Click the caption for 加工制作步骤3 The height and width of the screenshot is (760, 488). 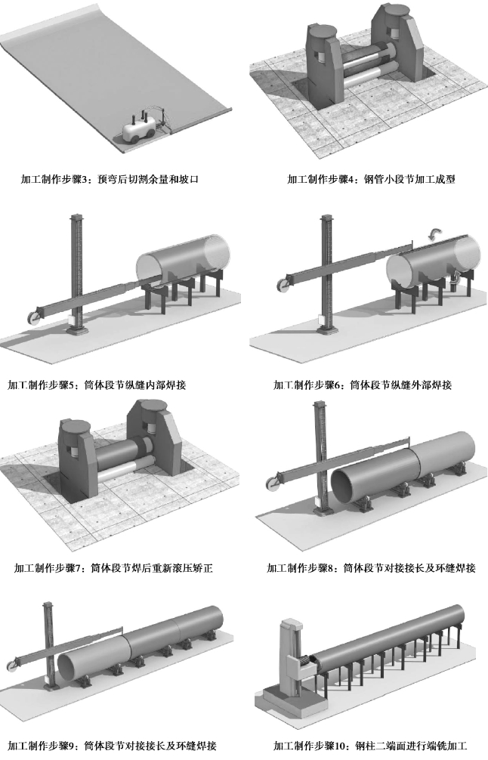(x=113, y=180)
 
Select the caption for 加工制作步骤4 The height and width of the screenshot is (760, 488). (x=370, y=180)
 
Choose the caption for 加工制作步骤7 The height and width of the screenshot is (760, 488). (x=113, y=567)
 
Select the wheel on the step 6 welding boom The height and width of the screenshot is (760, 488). (x=284, y=285)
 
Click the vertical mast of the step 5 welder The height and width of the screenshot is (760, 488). (x=75, y=264)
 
